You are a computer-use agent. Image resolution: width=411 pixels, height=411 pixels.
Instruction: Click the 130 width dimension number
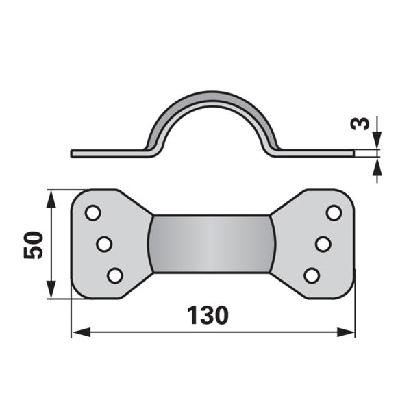pos(208,315)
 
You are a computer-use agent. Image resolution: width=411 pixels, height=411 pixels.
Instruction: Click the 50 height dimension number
pos(34,245)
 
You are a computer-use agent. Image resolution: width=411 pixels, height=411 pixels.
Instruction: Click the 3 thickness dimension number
pos(360,123)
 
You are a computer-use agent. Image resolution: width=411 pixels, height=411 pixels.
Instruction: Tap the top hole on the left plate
pos(93,212)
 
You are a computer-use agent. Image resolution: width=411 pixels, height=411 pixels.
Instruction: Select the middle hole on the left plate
pos(104,244)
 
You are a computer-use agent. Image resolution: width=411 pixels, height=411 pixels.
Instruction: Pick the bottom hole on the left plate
pos(115,275)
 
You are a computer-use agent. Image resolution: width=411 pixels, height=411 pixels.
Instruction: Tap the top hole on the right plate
pos(334,212)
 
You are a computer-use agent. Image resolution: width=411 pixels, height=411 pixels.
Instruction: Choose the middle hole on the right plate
pos(323,244)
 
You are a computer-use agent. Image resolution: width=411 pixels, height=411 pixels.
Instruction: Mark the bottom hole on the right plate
pos(312,275)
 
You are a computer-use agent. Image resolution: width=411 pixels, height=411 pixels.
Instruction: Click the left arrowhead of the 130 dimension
pos(82,332)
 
